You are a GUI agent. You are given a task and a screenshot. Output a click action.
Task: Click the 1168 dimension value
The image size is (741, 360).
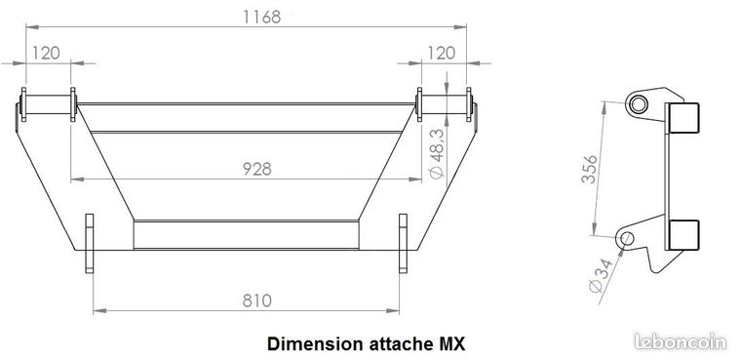click(262, 17)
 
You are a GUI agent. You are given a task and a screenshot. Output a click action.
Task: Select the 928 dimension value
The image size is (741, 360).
click(257, 169)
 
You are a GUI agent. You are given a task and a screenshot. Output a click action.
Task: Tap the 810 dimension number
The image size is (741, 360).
click(257, 300)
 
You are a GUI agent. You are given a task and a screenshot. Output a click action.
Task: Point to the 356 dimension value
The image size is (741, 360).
click(590, 169)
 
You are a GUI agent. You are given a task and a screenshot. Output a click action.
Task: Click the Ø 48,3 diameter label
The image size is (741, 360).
click(438, 154)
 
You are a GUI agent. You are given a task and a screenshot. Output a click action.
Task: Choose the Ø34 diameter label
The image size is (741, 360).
click(602, 276)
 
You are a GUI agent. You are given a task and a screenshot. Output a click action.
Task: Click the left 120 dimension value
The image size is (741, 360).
click(46, 53)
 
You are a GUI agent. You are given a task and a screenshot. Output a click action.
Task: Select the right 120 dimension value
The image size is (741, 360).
click(442, 53)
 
